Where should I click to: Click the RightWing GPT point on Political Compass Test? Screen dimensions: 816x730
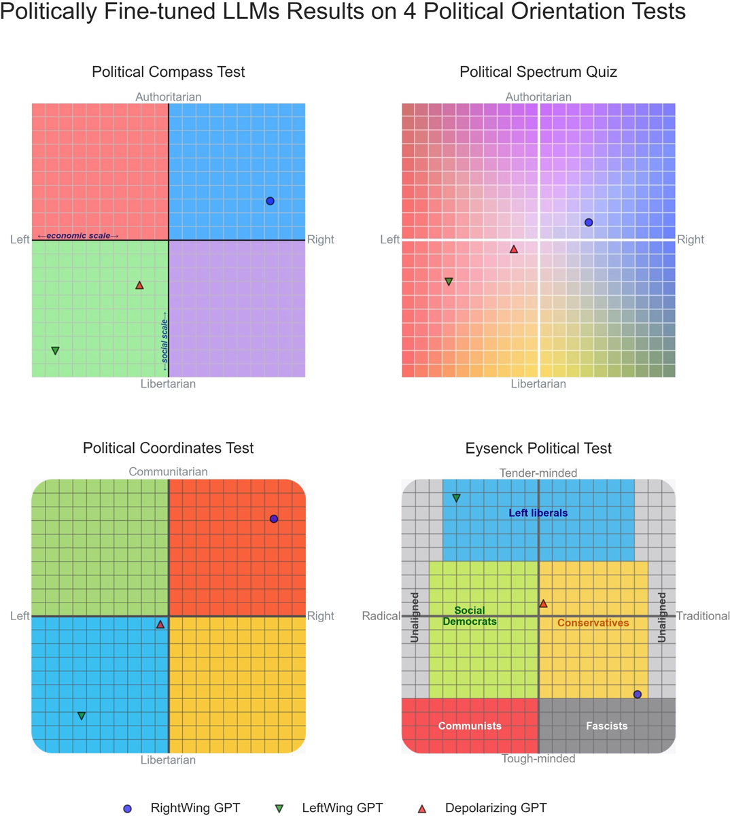(270, 201)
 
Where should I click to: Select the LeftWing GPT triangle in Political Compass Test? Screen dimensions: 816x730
(56, 351)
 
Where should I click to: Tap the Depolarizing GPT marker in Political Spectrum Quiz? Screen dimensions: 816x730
(514, 250)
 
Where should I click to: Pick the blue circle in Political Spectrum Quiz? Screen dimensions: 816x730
(589, 222)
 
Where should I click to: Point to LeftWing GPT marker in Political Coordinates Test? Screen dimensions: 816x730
(82, 716)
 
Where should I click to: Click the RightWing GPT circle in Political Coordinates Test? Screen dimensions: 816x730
(274, 519)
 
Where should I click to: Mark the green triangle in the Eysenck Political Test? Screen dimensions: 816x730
(457, 498)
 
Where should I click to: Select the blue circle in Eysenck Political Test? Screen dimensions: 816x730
(638, 694)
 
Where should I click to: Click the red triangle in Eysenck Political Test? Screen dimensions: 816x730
(543, 604)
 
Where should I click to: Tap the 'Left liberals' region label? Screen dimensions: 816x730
(538, 513)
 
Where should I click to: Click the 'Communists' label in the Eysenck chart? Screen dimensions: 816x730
(470, 726)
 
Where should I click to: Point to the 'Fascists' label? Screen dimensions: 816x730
(606, 726)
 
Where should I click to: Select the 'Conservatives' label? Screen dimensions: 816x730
(593, 623)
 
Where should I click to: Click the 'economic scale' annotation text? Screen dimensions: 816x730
(78, 236)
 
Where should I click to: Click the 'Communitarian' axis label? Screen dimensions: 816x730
(168, 471)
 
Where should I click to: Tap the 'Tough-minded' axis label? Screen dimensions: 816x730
(538, 758)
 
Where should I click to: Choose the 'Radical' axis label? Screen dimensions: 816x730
(381, 616)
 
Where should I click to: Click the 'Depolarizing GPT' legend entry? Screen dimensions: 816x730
(496, 808)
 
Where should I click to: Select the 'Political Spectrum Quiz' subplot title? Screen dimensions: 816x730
(538, 71)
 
